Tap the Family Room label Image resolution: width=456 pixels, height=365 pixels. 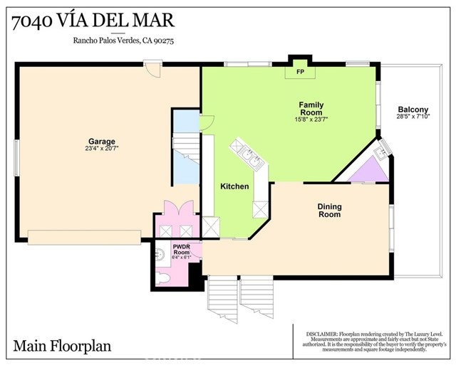click(x=311, y=108)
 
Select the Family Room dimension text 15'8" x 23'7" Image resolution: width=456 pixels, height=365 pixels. click(x=311, y=120)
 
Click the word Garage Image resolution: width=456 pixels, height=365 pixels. click(x=102, y=141)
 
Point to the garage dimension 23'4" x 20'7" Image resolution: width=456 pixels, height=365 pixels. click(x=102, y=149)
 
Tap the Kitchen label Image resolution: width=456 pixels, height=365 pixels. click(x=234, y=186)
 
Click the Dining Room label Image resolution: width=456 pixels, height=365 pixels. click(x=329, y=210)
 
